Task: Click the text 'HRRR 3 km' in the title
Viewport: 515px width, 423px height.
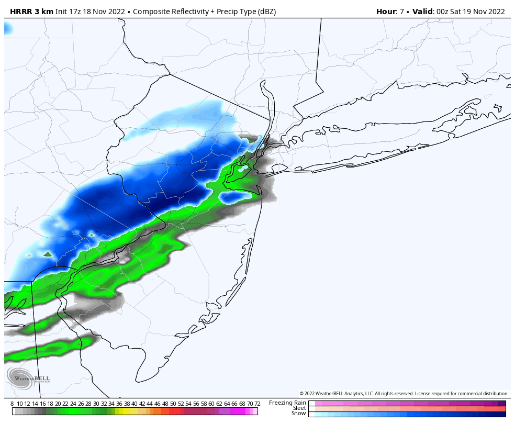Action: pyautogui.click(x=31, y=12)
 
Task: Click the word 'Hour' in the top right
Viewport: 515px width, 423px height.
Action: pyautogui.click(x=386, y=12)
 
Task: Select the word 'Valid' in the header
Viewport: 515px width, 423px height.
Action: pyautogui.click(x=422, y=12)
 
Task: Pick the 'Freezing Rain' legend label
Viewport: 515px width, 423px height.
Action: pyautogui.click(x=287, y=403)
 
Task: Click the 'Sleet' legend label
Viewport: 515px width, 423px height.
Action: pyautogui.click(x=299, y=408)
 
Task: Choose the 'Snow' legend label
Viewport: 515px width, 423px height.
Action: pyautogui.click(x=298, y=414)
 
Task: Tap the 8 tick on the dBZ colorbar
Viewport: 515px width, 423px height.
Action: pyautogui.click(x=12, y=404)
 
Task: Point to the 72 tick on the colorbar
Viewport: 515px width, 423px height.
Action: pyautogui.click(x=257, y=404)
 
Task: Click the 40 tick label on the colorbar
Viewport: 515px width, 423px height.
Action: pyautogui.click(x=135, y=404)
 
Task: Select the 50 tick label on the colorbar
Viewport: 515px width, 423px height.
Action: pyautogui.click(x=173, y=404)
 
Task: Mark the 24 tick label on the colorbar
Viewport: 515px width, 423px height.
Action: pyautogui.click(x=73, y=404)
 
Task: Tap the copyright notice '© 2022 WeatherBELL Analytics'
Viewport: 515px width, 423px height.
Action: pyautogui.click(x=340, y=394)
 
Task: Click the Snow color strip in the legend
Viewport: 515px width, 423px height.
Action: pyautogui.click(x=407, y=414)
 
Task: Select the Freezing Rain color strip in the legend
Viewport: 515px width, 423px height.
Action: pyautogui.click(x=407, y=403)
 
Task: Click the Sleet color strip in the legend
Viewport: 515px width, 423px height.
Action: pyautogui.click(x=407, y=408)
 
